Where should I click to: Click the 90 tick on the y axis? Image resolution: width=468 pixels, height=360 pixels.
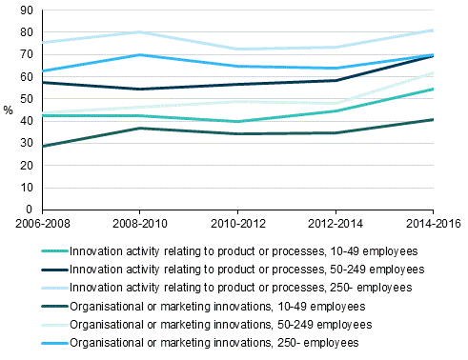click(x=27, y=10)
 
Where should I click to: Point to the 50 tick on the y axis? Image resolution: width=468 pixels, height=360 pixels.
click(x=27, y=99)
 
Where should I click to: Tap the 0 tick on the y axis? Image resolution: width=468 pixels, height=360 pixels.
click(x=30, y=210)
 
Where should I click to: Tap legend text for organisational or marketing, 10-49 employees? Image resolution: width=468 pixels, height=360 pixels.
click(x=216, y=306)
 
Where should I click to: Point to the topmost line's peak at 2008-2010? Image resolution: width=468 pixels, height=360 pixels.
click(x=139, y=32)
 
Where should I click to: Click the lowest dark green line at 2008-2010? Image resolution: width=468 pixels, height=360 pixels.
click(x=139, y=128)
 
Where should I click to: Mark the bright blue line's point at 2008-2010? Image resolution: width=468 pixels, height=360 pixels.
click(x=139, y=55)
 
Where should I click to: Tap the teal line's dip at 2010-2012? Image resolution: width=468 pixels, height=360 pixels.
click(x=237, y=122)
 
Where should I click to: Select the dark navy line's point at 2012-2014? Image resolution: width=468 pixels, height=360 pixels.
click(x=336, y=80)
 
